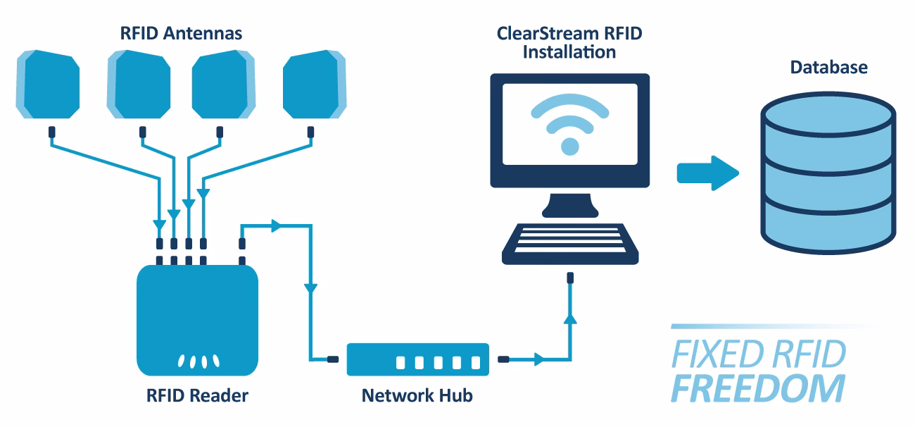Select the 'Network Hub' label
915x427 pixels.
click(417, 396)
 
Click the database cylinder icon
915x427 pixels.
click(828, 176)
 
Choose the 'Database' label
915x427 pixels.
click(828, 68)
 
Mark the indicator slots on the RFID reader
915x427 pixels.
click(197, 361)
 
